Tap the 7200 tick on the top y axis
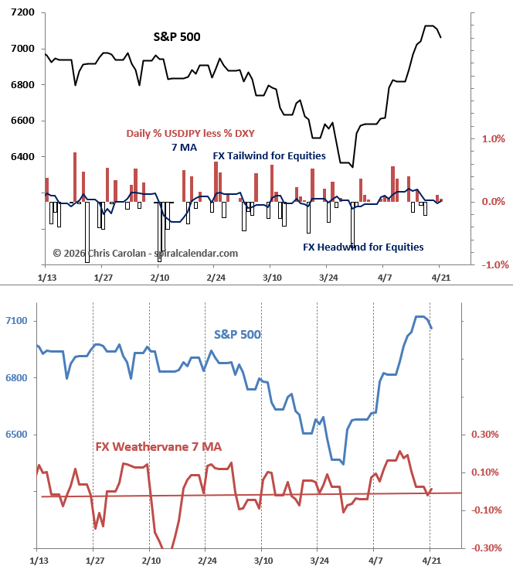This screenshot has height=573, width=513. point(22,13)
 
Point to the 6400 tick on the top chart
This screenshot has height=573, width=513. point(22,157)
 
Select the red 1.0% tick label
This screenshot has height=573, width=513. point(492,139)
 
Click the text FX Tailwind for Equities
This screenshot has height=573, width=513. point(269,156)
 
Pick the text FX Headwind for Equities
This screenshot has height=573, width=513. point(363,247)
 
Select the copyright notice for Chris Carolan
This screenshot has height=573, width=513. point(145,253)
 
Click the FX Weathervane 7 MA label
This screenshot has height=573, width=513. point(158,447)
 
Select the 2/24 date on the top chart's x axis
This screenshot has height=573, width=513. point(216,277)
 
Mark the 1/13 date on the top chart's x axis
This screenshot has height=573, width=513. point(46,277)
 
